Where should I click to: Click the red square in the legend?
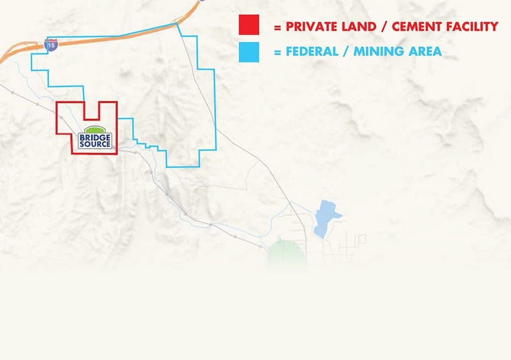click(249, 25)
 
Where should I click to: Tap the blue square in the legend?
click(249, 52)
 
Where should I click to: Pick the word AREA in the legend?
click(425, 52)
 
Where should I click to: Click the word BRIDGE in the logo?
click(95, 137)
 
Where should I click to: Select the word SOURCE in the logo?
click(95, 144)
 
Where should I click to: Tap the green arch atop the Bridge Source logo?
click(95, 129)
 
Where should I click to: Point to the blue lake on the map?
click(326, 217)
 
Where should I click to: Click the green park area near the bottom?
click(287, 253)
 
